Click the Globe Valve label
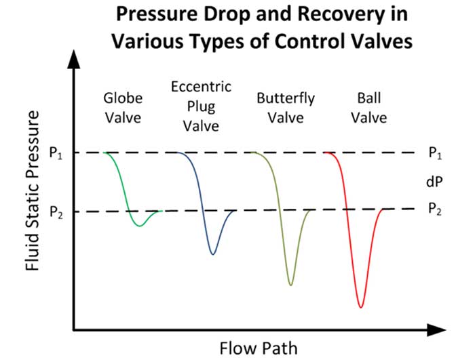coord(123,108)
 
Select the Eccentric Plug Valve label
coord(201,106)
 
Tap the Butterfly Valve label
coord(286,108)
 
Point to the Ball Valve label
coord(369,108)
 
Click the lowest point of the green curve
coord(139,226)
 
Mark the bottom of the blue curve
coord(213,254)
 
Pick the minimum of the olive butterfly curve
coord(291,285)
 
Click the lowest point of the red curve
coord(361,308)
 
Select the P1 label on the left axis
coord(56,153)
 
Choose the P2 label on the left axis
coord(56,212)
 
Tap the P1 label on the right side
coord(435,153)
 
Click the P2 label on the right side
coord(435,209)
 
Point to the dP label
coord(434,182)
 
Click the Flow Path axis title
coord(259,348)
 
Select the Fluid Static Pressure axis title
coord(33,191)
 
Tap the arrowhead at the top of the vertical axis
coord(73,60)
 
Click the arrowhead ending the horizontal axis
coord(436,329)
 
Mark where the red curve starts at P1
coord(325,153)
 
